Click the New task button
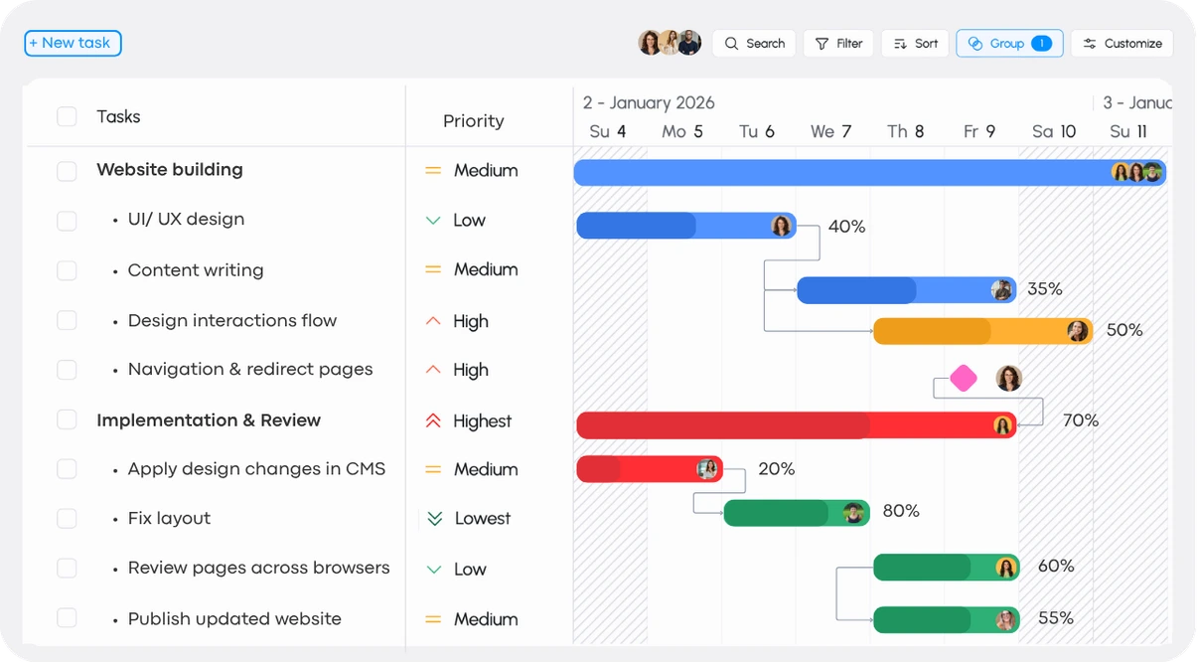point(73,43)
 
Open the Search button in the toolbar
point(754,44)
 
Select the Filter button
point(838,44)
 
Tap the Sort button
point(915,44)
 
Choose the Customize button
point(1122,44)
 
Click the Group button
point(1008,44)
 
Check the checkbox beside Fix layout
point(67,519)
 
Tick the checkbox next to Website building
point(67,171)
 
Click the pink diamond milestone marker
point(963,378)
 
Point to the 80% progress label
point(901,511)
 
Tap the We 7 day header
point(831,131)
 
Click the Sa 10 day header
point(1054,131)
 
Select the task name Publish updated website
point(234,619)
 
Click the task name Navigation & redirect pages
point(250,370)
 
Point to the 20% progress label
point(776,469)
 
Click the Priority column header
point(474,121)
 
